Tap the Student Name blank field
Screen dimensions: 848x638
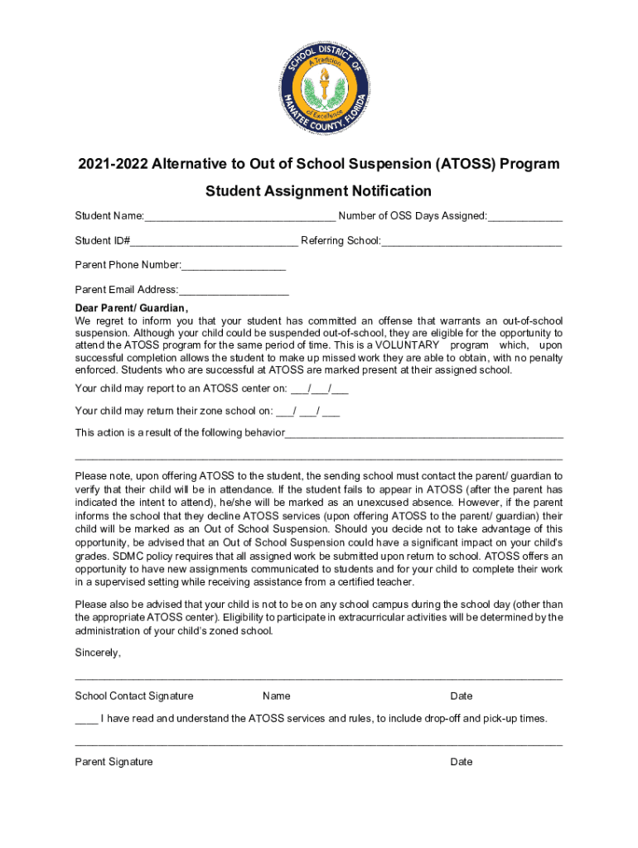pyautogui.click(x=239, y=218)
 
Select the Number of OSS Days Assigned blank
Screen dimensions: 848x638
pyautogui.click(x=525, y=218)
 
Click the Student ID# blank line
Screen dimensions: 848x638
pyautogui.click(x=214, y=242)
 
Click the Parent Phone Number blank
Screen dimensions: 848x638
pyautogui.click(x=233, y=266)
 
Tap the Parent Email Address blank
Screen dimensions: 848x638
pyautogui.click(x=233, y=291)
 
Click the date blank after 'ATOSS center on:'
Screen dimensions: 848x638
pyautogui.click(x=320, y=388)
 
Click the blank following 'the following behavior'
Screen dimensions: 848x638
pyautogui.click(x=423, y=434)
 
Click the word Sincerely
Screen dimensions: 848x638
pyautogui.click(x=98, y=653)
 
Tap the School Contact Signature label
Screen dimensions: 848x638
pyautogui.click(x=134, y=696)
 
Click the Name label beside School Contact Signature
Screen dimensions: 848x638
pyautogui.click(x=276, y=696)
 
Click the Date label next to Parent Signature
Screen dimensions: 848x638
pyautogui.click(x=462, y=762)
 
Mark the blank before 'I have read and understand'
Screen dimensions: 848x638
pyautogui.click(x=86, y=719)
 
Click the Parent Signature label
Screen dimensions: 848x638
pyautogui.click(x=114, y=762)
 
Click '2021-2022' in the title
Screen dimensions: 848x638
pyautogui.click(x=109, y=164)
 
